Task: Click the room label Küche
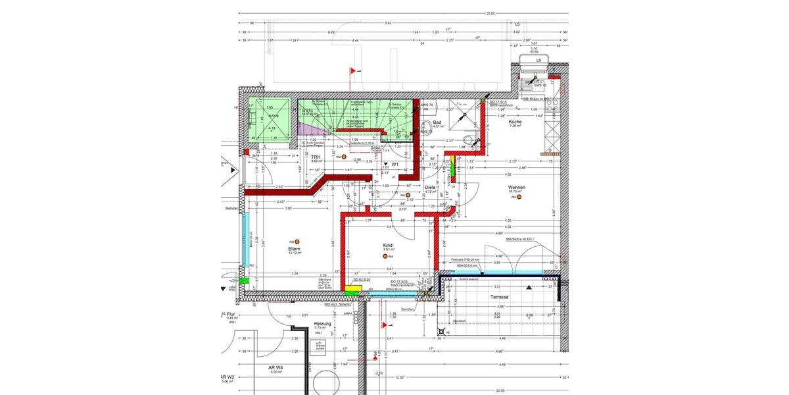click(x=515, y=122)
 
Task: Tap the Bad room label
click(x=437, y=122)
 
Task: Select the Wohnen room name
click(x=517, y=188)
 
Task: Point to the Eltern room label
click(x=294, y=250)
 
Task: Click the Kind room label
click(x=387, y=246)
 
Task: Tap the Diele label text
click(x=430, y=187)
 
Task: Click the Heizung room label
click(x=322, y=324)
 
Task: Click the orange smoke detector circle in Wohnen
click(x=519, y=196)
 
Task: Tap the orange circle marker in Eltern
click(x=297, y=242)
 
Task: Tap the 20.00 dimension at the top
click(x=490, y=14)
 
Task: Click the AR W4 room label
click(x=275, y=367)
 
